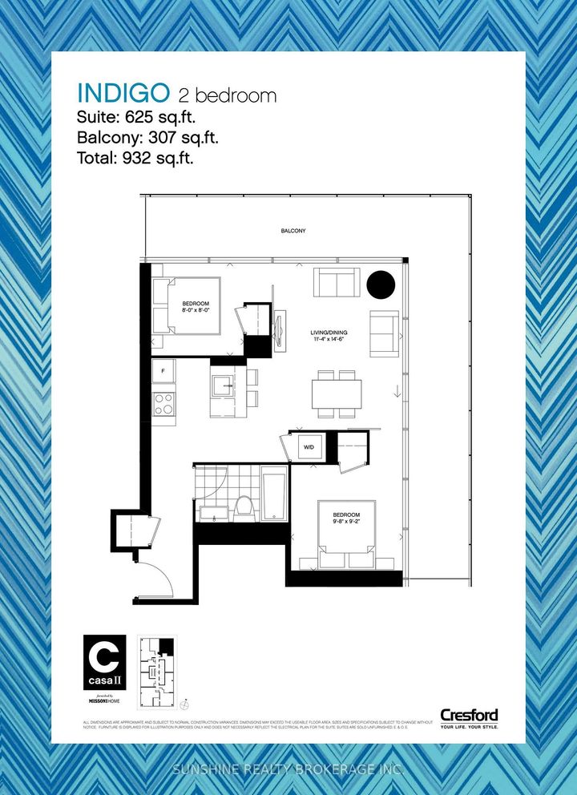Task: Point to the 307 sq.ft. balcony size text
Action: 178,137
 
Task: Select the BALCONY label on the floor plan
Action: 293,231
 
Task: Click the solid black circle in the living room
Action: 381,285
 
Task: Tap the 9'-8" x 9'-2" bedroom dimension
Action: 347,521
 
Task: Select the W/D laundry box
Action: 308,446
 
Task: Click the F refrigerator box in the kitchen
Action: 163,370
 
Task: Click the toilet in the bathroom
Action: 244,506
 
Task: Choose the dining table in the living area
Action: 337,393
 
